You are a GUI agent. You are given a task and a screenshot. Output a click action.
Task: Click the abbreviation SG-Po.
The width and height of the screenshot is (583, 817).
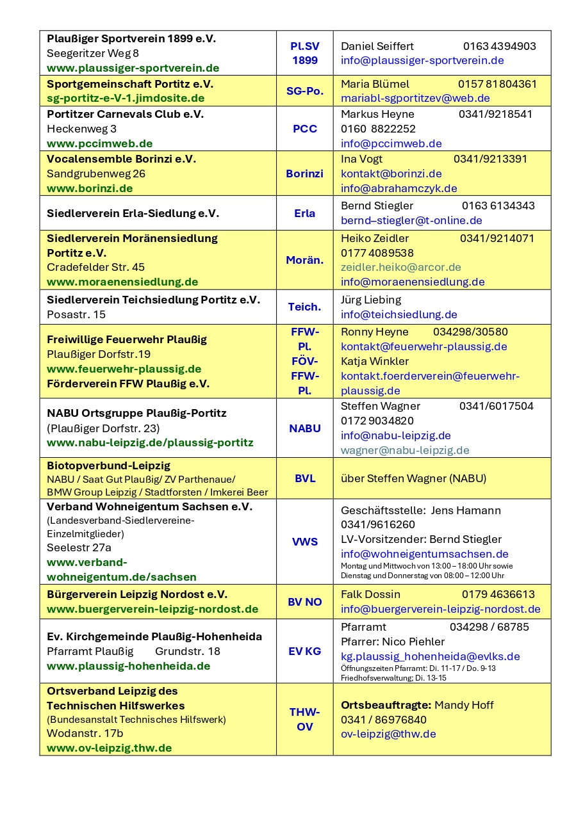pyautogui.click(x=304, y=91)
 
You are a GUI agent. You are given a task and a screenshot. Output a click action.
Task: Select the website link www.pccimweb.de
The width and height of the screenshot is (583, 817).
pyautogui.click(x=99, y=143)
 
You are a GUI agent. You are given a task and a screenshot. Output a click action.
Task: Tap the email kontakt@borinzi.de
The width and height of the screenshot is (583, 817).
pyautogui.click(x=391, y=174)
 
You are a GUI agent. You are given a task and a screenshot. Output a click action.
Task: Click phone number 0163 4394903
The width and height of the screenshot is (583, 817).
pyautogui.click(x=499, y=46)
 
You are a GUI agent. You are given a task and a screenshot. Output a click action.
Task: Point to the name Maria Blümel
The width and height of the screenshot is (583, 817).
pyautogui.click(x=375, y=84)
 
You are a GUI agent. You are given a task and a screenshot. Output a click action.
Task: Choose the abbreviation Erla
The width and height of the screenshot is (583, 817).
pyautogui.click(x=304, y=213)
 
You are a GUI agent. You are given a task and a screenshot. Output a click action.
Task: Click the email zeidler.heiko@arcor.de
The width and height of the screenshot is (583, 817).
pyautogui.click(x=400, y=267)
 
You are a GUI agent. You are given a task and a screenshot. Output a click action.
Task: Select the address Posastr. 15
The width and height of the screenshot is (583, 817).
pyautogui.click(x=76, y=314)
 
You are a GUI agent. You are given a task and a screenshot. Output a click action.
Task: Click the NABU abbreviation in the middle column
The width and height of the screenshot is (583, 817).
pyautogui.click(x=304, y=428)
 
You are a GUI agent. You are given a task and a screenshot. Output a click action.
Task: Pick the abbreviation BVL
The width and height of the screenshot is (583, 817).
pyautogui.click(x=304, y=478)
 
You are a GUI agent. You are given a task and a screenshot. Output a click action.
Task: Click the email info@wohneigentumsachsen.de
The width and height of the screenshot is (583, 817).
pyautogui.click(x=424, y=554)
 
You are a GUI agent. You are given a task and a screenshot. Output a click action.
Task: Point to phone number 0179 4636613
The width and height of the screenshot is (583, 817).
pyautogui.click(x=498, y=594)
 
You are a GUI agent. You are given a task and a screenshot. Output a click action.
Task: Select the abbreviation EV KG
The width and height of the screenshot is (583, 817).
pyautogui.click(x=304, y=651)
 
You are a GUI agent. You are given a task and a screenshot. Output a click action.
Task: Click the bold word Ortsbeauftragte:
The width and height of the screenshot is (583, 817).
pyautogui.click(x=386, y=705)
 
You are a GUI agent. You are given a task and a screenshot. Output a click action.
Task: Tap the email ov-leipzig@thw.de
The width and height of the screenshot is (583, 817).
pyautogui.click(x=388, y=734)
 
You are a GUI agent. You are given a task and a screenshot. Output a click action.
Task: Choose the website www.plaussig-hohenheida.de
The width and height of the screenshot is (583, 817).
pyautogui.click(x=128, y=666)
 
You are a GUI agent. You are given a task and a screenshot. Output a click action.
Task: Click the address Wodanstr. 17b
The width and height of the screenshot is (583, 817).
pyautogui.click(x=85, y=733)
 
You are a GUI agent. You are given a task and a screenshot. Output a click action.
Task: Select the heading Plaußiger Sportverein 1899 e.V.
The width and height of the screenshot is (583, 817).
pyautogui.click(x=131, y=38)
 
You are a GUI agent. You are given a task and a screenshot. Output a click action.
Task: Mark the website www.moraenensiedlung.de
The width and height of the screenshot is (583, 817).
pyautogui.click(x=122, y=282)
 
